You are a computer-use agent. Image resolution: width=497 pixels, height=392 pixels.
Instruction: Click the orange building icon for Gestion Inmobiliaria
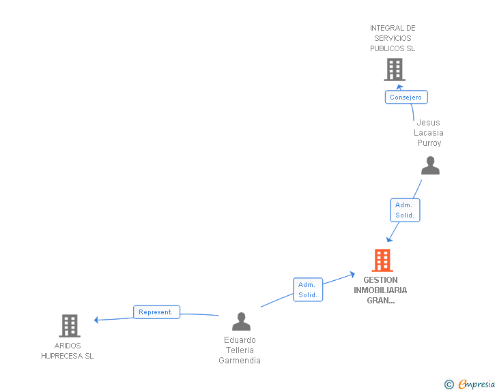pyautogui.click(x=382, y=260)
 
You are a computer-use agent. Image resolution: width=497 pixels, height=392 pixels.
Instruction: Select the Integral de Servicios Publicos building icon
pyautogui.click(x=394, y=70)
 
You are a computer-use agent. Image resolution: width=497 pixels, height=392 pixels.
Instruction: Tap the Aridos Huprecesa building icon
pyautogui.click(x=70, y=326)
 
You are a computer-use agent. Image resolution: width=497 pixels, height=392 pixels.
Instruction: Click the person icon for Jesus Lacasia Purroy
pyautogui.click(x=430, y=166)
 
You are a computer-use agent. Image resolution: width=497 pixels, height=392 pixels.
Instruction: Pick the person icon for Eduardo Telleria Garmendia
pyautogui.click(x=241, y=321)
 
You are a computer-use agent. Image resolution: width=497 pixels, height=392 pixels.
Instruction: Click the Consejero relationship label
pyautogui.click(x=406, y=97)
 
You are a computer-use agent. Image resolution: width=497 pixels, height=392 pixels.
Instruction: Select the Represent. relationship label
pyautogui.click(x=156, y=312)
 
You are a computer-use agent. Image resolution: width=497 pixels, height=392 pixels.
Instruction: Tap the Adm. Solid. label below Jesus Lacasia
pyautogui.click(x=404, y=210)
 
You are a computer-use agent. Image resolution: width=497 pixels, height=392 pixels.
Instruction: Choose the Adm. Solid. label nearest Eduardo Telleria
pyautogui.click(x=307, y=290)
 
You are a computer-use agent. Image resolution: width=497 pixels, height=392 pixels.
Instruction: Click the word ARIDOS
pyautogui.click(x=68, y=346)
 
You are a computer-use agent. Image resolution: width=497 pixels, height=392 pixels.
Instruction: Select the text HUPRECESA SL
pyautogui.click(x=67, y=356)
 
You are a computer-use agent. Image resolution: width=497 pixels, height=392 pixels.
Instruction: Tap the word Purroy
pyautogui.click(x=429, y=143)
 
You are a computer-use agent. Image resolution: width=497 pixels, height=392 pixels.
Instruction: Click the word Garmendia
pyautogui.click(x=240, y=361)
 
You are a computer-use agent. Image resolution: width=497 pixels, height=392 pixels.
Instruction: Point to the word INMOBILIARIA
pyautogui.click(x=380, y=290)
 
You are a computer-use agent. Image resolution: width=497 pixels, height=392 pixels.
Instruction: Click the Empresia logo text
pyautogui.click(x=477, y=385)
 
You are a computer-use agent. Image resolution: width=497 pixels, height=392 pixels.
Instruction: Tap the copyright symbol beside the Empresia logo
pyautogui.click(x=449, y=385)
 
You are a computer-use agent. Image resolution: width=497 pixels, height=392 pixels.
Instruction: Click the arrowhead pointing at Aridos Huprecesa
pyautogui.click(x=97, y=320)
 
